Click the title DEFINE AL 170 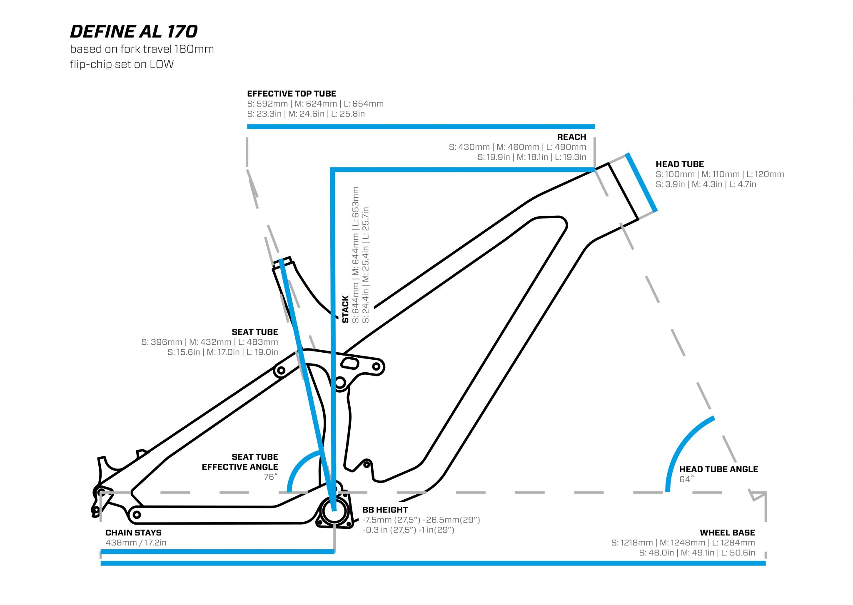pos(134,32)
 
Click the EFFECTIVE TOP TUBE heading pos(292,94)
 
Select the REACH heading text pos(571,137)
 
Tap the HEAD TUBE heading pos(680,164)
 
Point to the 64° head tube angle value pos(687,479)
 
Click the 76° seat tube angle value pos(271,477)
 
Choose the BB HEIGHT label pos(385,510)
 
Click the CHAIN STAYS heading pos(133,533)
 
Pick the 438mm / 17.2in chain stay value pos(136,543)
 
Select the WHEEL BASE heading pos(727,533)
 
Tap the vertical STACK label pos(346,309)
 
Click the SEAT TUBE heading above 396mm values pos(255,332)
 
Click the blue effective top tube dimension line pos(421,127)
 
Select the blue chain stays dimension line pos(217,552)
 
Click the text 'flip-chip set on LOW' pos(122,65)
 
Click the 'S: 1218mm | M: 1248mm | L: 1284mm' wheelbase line pos(683,543)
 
